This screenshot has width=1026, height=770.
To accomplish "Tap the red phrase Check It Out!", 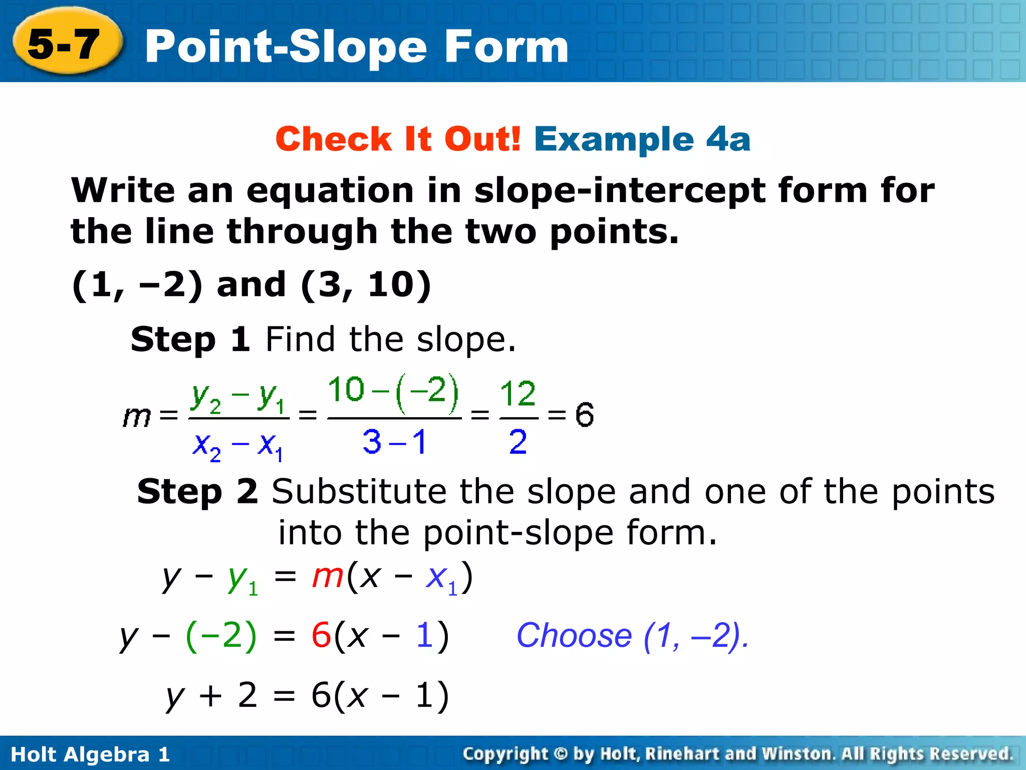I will (398, 139).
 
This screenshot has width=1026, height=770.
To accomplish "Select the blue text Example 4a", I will (642, 139).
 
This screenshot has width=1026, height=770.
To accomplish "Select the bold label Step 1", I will (190, 339).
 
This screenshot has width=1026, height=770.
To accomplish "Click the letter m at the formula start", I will (136, 416).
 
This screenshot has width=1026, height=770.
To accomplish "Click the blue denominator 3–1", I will (394, 442).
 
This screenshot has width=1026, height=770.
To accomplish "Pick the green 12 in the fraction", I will (518, 394).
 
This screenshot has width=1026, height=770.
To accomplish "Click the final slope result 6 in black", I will (584, 415).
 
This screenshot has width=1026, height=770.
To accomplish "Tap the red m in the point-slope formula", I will (327, 576).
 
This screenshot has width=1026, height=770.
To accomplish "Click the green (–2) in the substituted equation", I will (221, 636).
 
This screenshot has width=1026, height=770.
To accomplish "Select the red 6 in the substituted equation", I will (321, 636).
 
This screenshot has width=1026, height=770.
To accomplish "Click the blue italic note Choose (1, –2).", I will (632, 636).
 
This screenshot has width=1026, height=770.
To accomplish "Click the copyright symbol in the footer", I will (561, 754).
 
